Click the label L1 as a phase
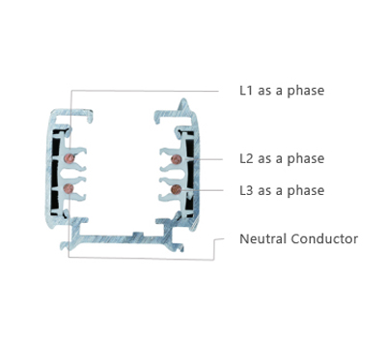point(282,91)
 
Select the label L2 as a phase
point(282,158)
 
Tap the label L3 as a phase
point(282,190)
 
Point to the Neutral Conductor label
point(298,239)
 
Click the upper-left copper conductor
point(69,158)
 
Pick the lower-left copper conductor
point(69,189)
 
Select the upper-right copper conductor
point(176,159)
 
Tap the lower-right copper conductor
point(176,190)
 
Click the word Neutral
point(262,239)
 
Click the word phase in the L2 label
point(306,159)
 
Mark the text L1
point(246,91)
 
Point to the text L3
point(246,190)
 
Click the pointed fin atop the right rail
point(183,104)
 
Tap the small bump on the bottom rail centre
point(138,234)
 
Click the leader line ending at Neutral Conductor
point(142,258)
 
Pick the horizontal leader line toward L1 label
point(145,91)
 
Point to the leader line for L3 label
point(202,190)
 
